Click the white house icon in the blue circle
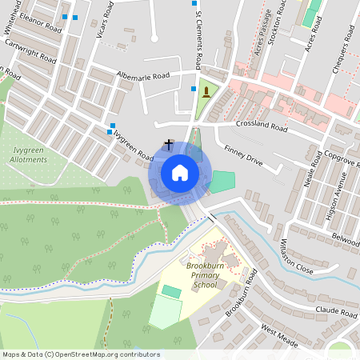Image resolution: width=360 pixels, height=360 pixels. pos(180,173)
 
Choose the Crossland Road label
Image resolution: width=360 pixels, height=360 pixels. pos(261,126)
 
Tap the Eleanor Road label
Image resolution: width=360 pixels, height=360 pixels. pos(41,22)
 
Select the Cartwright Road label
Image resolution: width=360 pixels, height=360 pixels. pos(31,52)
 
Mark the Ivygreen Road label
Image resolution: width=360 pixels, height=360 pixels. pos(134,144)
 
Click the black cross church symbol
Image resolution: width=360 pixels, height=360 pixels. pos(169,144)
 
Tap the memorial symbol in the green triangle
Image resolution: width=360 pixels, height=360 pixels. pos(206,93)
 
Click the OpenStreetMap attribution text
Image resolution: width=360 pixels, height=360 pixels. pos(81,354)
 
